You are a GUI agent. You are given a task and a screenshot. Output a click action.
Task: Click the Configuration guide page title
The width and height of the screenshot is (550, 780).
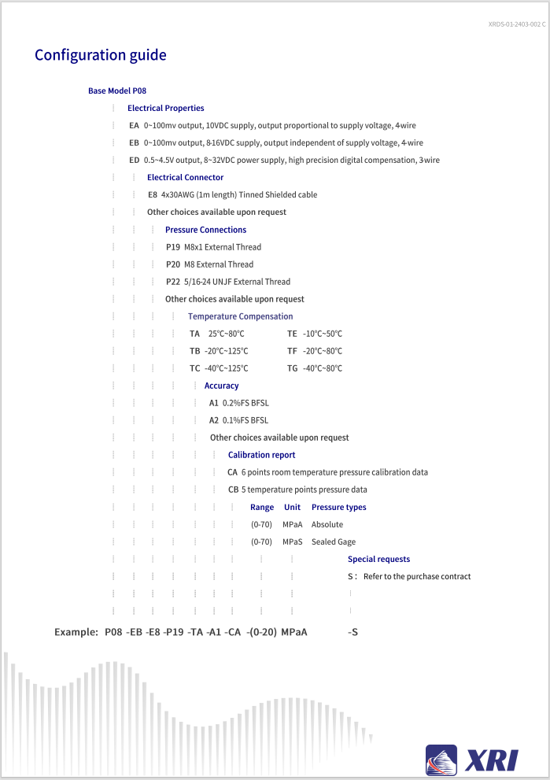click(x=100, y=55)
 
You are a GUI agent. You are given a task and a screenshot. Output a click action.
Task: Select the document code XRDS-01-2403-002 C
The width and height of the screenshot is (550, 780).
click(x=516, y=25)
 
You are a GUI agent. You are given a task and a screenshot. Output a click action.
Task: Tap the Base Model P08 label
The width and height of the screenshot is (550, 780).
click(x=116, y=91)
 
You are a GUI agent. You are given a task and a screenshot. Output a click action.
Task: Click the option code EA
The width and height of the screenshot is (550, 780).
click(x=134, y=125)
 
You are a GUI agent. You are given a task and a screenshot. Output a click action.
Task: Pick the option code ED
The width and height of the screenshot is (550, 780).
click(x=135, y=160)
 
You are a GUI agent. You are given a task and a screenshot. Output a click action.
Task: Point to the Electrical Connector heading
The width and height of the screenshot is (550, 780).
click(x=185, y=177)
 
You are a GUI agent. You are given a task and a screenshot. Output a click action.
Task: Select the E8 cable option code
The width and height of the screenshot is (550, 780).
click(x=153, y=194)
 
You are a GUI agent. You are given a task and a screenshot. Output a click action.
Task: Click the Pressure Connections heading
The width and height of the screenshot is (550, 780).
click(x=205, y=230)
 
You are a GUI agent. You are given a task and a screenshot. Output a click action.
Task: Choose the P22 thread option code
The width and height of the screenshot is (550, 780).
click(x=173, y=282)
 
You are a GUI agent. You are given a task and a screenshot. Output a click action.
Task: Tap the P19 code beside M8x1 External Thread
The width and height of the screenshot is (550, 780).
click(x=173, y=247)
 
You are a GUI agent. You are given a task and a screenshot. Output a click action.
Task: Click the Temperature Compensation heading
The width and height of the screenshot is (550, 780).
click(x=240, y=316)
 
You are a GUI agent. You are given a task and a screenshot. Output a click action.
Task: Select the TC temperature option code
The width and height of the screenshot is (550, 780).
click(x=195, y=368)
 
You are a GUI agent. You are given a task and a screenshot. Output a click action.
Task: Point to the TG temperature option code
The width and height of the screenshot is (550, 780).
click(x=293, y=368)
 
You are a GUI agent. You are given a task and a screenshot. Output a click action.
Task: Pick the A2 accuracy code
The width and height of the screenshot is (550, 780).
click(x=214, y=420)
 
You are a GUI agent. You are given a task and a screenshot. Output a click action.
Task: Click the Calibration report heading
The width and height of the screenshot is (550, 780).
click(x=261, y=455)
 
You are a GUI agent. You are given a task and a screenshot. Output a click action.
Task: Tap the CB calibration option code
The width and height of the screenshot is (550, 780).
click(x=233, y=490)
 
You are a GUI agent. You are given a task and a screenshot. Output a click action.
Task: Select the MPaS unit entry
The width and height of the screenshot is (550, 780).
click(x=293, y=542)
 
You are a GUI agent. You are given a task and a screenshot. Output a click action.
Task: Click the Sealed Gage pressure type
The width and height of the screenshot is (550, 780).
click(x=333, y=542)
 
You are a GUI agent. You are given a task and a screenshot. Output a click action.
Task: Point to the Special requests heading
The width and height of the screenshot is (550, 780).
click(x=378, y=559)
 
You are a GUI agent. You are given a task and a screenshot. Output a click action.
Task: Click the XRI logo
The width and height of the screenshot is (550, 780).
click(x=472, y=760)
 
